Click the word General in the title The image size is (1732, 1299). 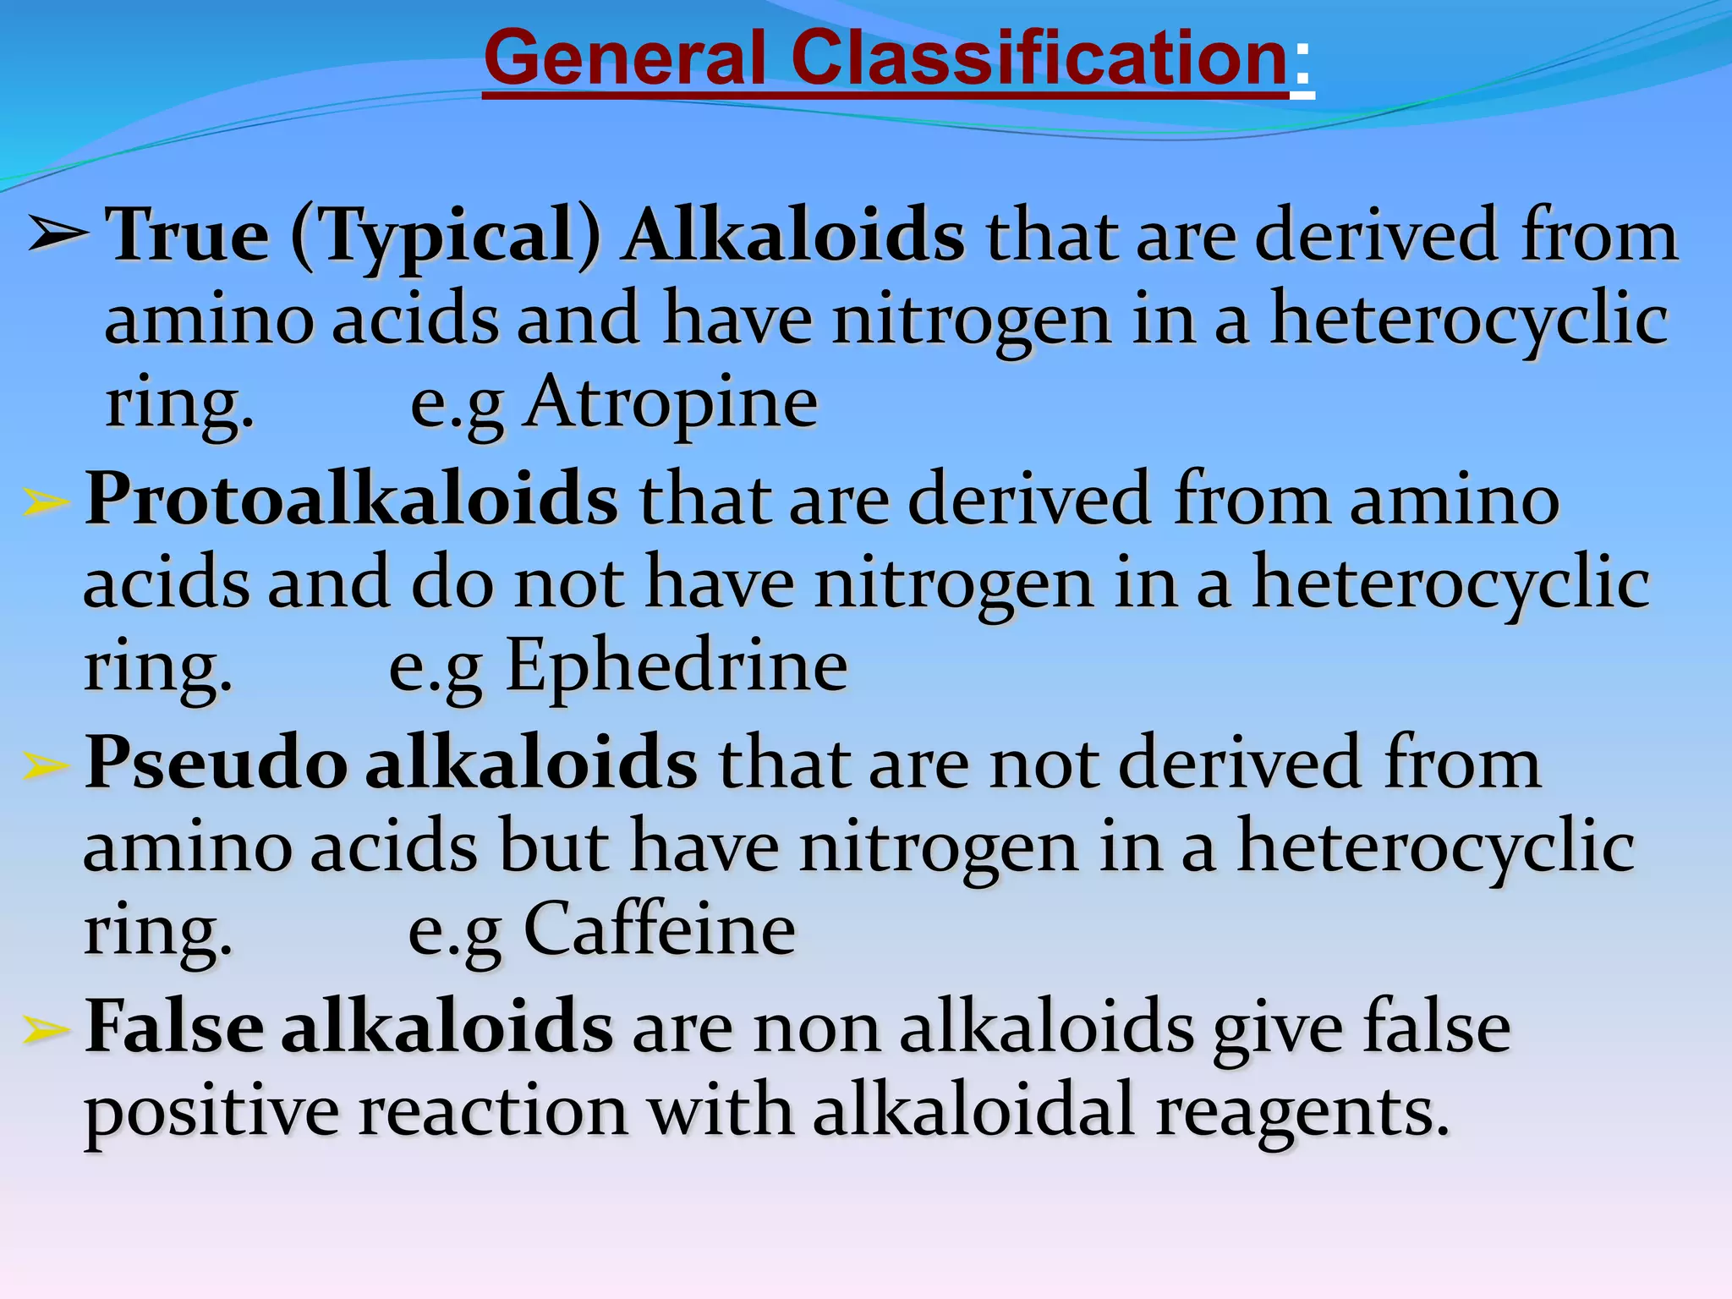tap(624, 59)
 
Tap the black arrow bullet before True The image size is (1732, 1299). tap(58, 234)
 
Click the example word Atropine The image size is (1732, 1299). tap(671, 403)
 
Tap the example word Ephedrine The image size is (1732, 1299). tap(676, 666)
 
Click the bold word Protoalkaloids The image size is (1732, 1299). tap(352, 499)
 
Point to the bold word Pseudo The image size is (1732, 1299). tap(216, 763)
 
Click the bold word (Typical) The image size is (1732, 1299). tap(446, 237)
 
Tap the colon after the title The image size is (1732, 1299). tap(1302, 63)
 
